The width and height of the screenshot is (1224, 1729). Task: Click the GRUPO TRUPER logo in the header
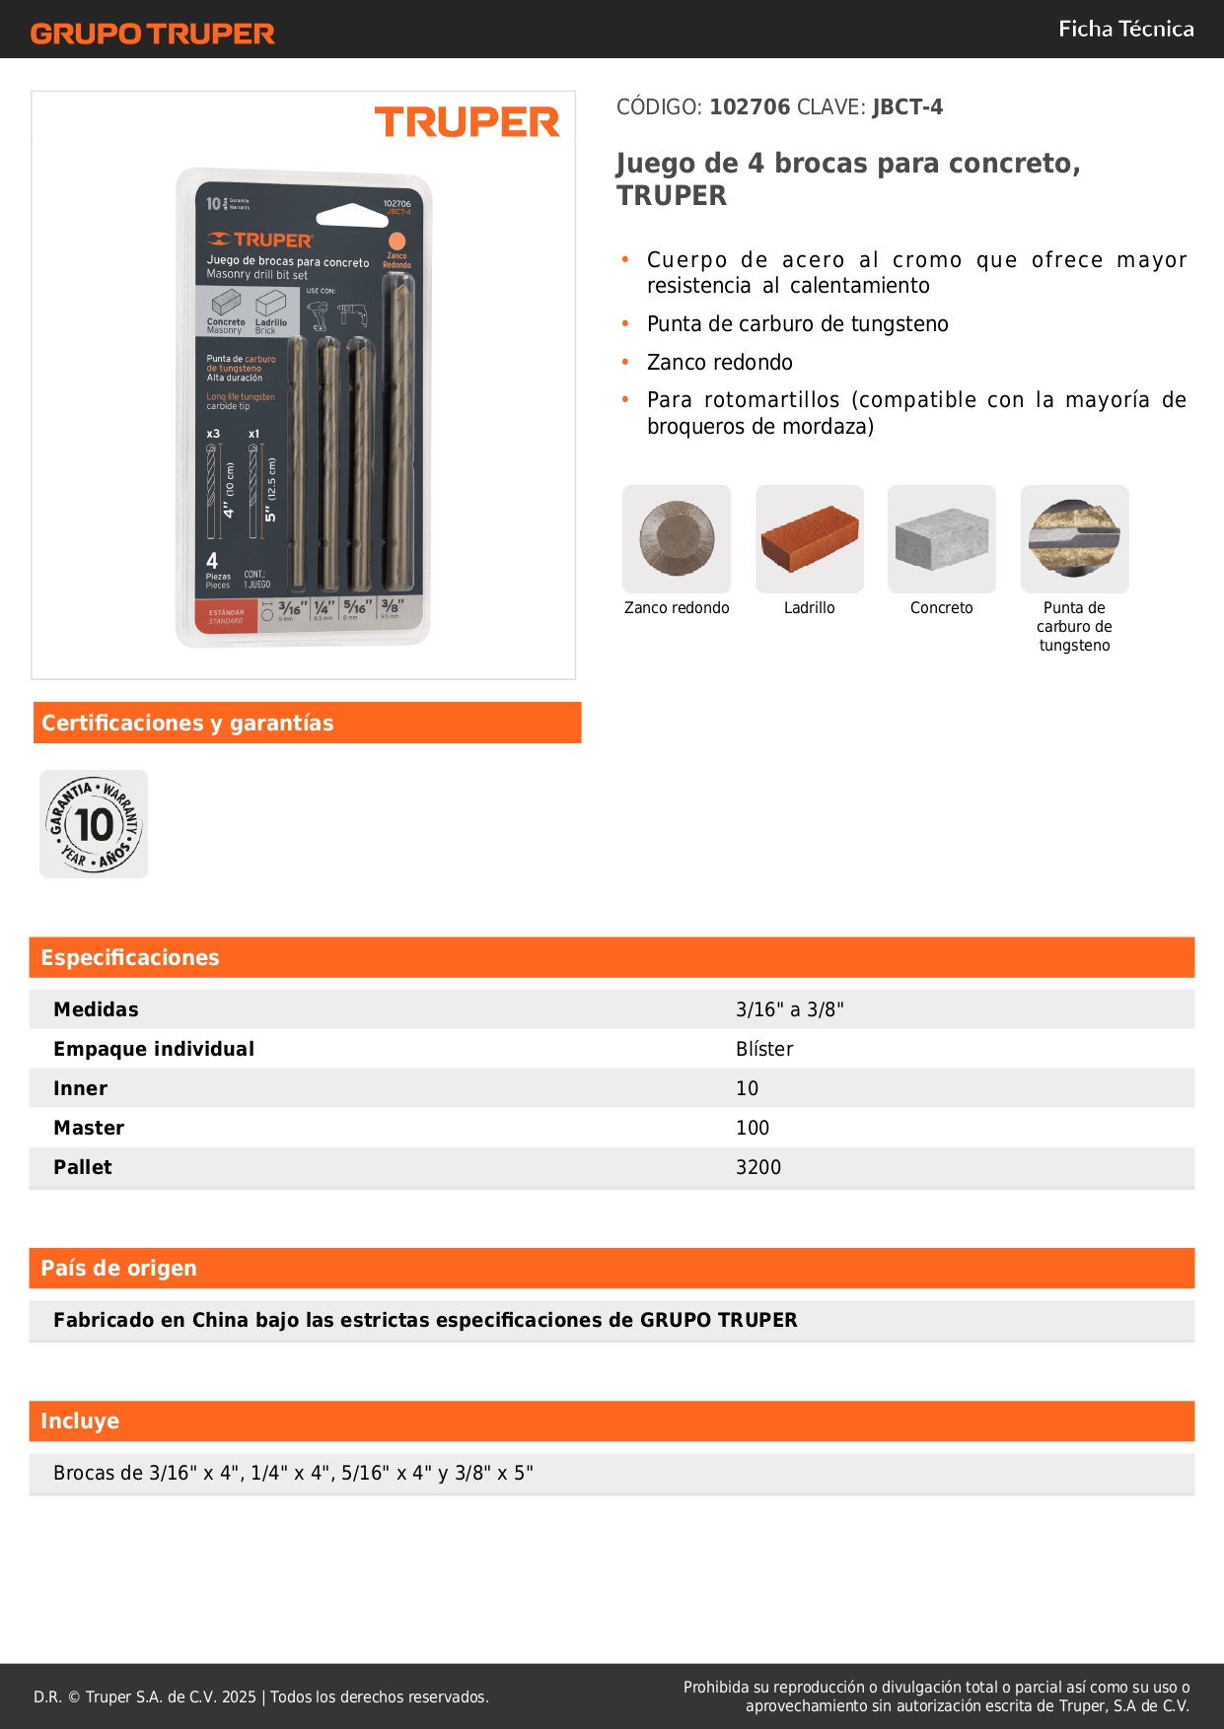[152, 33]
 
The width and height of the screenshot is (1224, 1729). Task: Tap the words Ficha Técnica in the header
[1125, 29]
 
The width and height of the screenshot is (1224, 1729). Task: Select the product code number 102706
[750, 106]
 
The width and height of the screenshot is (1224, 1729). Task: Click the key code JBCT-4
[907, 106]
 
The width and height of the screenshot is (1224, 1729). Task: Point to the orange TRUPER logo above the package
[467, 122]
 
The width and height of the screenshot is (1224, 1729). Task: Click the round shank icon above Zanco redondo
[677, 538]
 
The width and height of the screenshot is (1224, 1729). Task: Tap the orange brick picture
[809, 538]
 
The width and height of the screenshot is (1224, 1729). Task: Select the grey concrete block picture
[941, 538]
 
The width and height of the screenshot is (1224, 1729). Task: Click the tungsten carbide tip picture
[1074, 538]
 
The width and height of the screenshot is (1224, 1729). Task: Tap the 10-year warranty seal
[94, 824]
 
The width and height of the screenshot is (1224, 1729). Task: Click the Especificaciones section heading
[130, 957]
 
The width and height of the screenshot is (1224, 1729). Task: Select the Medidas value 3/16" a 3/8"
[789, 1009]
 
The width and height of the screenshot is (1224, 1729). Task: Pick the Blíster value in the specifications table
[764, 1049]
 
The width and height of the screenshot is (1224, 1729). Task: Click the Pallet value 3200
[757, 1167]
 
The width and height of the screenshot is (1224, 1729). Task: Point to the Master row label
[89, 1128]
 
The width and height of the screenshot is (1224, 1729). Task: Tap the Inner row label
[80, 1088]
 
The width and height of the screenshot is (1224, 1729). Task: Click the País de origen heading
[118, 1268]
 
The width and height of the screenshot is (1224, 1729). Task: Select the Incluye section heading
[80, 1420]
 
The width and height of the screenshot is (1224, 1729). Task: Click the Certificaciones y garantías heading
[187, 723]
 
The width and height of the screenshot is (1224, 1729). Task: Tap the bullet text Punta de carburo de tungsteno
[797, 323]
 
